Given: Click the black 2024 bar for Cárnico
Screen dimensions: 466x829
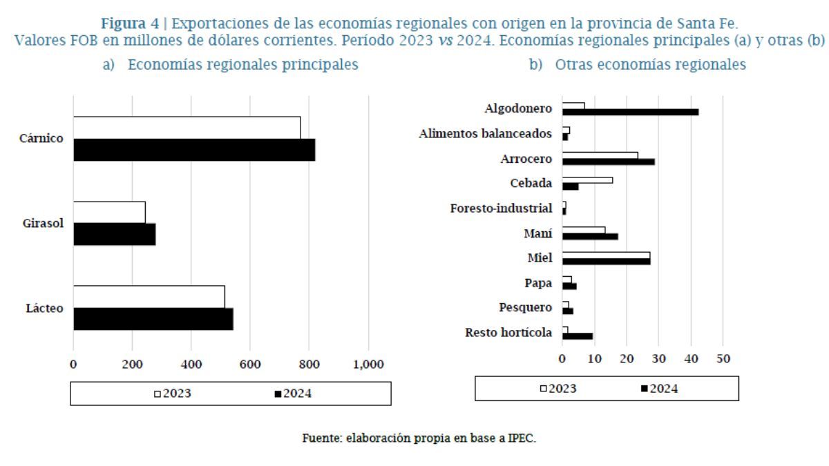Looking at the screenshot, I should coord(194,150).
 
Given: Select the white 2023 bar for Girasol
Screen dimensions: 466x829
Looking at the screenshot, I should coord(109,212).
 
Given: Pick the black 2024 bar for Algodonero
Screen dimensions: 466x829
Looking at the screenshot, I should coord(631,112).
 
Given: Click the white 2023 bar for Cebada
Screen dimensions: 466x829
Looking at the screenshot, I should coord(587,180).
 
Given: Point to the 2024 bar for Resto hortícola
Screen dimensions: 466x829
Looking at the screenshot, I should coord(578,336).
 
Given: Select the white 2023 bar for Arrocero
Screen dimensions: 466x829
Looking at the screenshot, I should coord(600,155).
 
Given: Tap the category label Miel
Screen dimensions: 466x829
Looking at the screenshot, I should coord(540,258).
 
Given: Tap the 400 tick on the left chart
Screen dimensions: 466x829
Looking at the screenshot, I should coord(191,364).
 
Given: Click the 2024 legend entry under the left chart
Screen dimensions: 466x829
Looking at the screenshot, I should coord(293,394).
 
